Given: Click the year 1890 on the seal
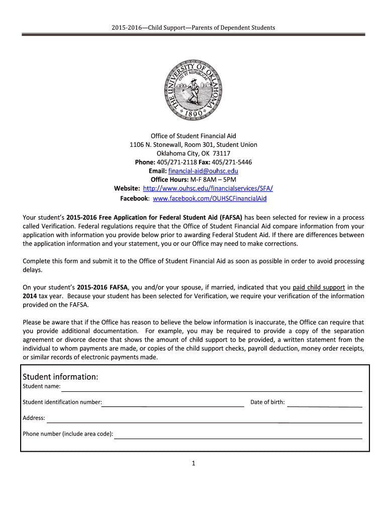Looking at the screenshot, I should click(193, 113).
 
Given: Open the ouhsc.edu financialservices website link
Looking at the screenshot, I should click(208, 188).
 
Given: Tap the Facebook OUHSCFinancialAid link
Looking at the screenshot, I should click(210, 199).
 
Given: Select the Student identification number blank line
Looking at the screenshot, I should click(173, 403).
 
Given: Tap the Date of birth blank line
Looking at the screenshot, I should click(325, 404).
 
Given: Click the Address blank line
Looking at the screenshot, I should click(204, 420).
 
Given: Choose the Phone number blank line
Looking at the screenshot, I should click(238, 436).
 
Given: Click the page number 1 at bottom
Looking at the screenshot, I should click(193, 463).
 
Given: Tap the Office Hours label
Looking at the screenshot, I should click(169, 180).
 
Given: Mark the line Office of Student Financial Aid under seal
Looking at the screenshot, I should click(193, 136).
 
